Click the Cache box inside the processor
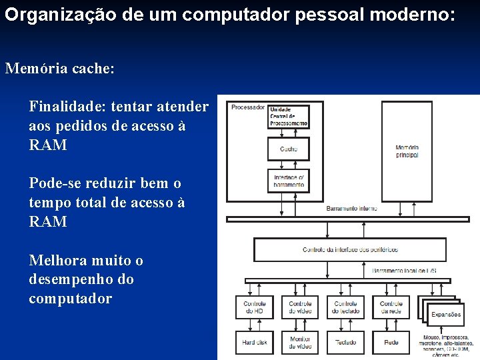289,149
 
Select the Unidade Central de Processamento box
289,116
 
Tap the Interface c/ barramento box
289,181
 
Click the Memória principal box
407,151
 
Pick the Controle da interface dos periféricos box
350,249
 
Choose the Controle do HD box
254,307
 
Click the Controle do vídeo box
299,307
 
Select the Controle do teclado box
345,307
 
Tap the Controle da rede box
391,307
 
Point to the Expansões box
445,314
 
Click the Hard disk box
254,342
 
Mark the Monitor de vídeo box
299,342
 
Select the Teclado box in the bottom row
345,342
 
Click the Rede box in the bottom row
391,342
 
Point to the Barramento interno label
351,209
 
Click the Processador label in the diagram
247,107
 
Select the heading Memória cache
59,68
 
